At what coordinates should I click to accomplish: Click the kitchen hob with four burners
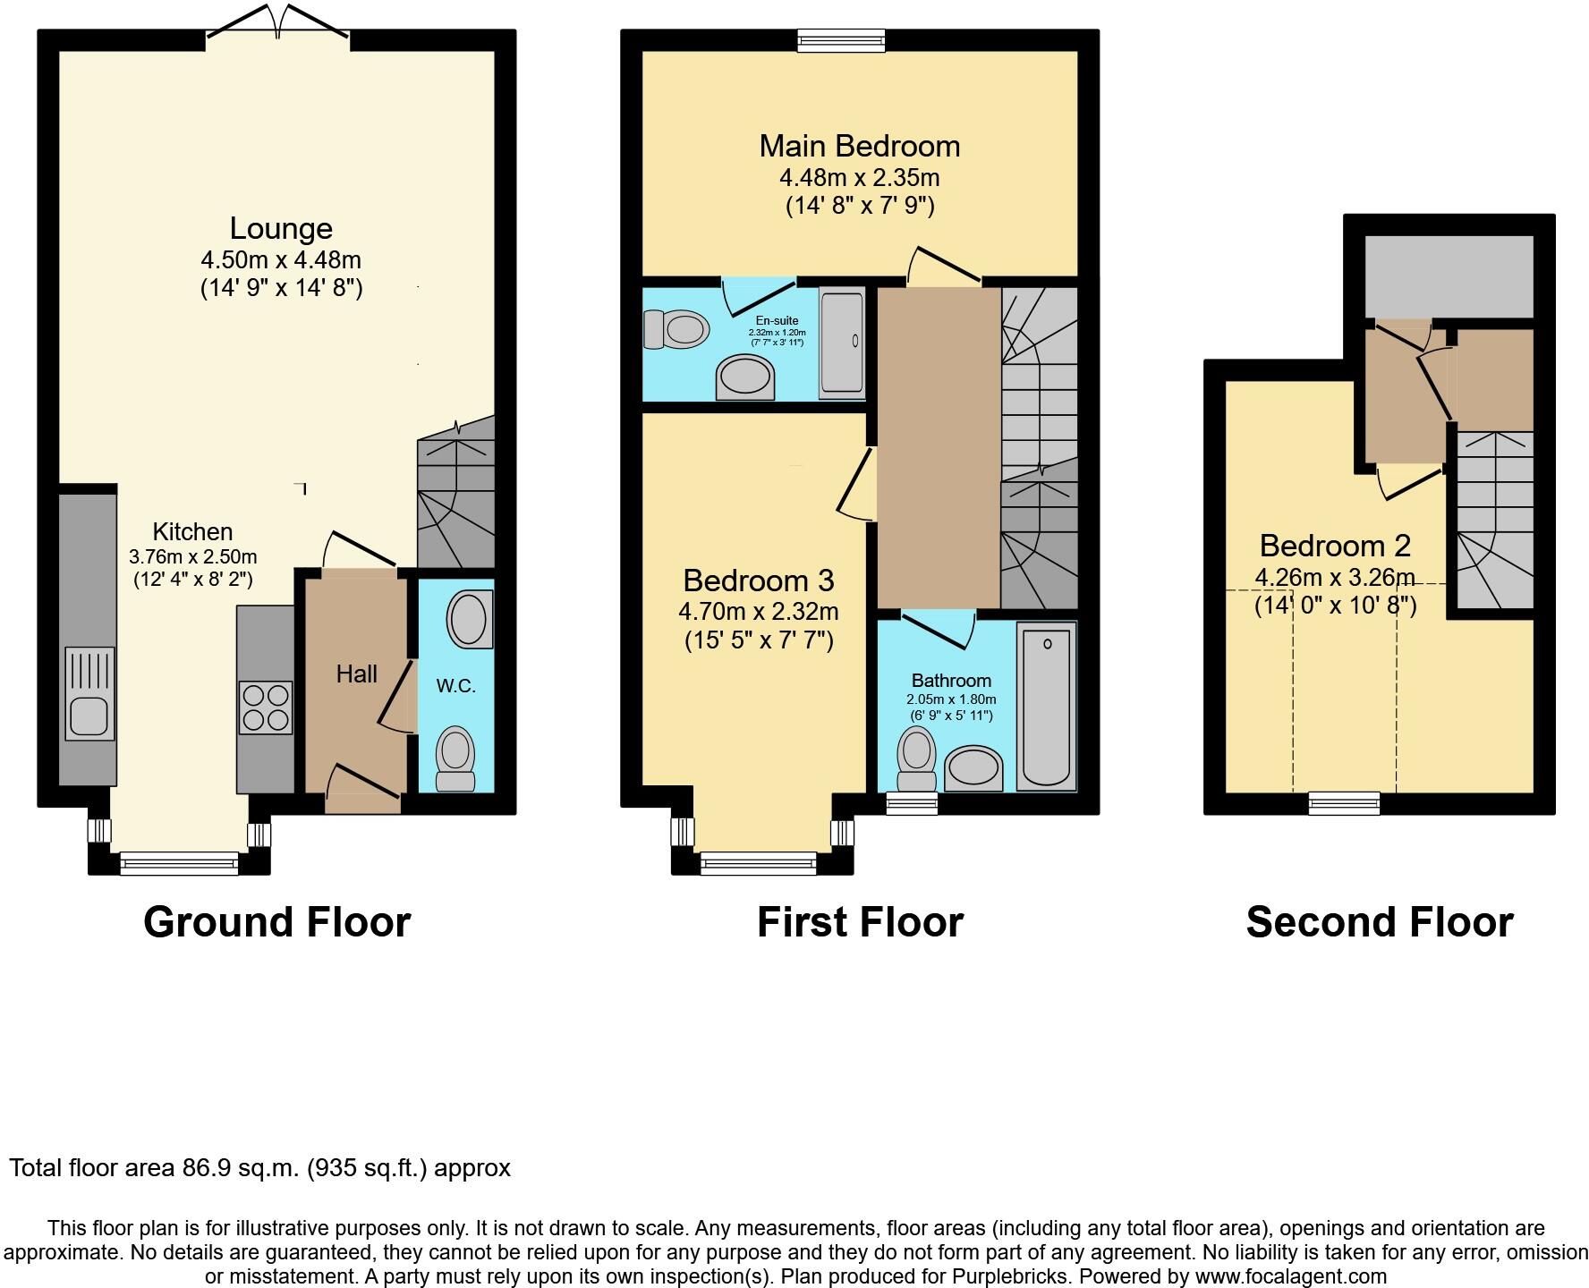[265, 708]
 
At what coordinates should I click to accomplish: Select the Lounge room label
[281, 228]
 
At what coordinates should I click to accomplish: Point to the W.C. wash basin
[470, 619]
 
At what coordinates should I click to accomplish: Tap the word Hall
[356, 674]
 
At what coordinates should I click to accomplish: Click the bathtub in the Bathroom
[1046, 707]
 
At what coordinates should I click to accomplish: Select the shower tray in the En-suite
[842, 341]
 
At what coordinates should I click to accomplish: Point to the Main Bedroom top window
[841, 39]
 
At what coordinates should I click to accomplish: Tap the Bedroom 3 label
[758, 580]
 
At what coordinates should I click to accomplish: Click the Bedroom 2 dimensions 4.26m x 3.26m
[1334, 577]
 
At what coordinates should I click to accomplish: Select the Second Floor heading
[1379, 922]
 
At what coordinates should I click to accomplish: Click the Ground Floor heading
[276, 922]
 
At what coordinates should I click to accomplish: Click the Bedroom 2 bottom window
[1344, 802]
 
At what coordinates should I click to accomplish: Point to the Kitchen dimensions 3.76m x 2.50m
[192, 556]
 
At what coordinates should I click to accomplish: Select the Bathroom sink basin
[973, 768]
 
